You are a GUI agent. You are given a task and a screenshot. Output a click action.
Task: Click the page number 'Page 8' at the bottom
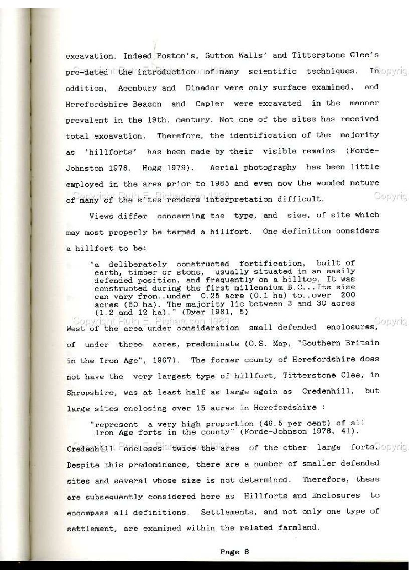pyautogui.click(x=234, y=551)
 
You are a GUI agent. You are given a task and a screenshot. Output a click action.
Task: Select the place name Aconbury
pyautogui.click(x=137, y=88)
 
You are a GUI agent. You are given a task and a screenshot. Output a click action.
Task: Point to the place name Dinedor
pyautogui.click(x=204, y=88)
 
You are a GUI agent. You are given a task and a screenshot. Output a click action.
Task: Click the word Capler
pyautogui.click(x=210, y=104)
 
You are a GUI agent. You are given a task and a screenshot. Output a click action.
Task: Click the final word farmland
pyautogui.click(x=298, y=528)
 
